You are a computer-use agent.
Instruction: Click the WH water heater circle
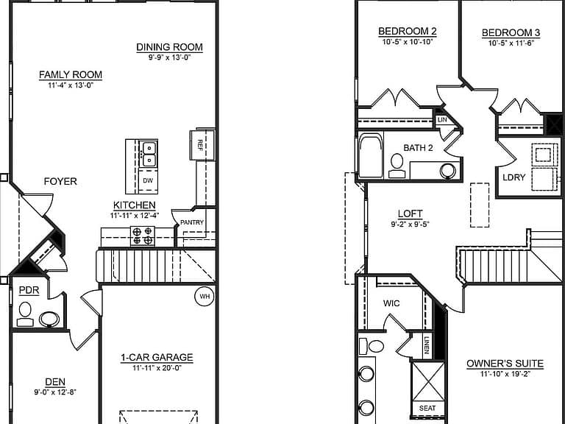pos(205,297)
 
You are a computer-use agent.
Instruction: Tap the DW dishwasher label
pos(148,180)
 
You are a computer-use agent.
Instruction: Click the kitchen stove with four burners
pos(142,236)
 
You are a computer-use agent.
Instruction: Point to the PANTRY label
pos(192,222)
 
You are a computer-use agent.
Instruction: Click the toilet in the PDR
pos(25,314)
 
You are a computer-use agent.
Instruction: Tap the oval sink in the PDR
pos(49,319)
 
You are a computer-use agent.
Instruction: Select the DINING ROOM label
pos(169,47)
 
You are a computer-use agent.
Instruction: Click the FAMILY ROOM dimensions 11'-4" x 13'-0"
pos(71,85)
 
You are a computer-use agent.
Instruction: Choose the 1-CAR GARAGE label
pos(157,357)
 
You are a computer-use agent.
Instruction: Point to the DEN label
pos(55,382)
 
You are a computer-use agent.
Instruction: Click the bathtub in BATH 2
pos(371,155)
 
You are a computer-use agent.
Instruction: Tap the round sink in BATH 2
pos(448,171)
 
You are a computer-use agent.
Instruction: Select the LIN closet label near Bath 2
pos(442,120)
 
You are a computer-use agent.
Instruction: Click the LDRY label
pos(514,177)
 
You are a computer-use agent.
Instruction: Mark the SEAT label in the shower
pos(427,408)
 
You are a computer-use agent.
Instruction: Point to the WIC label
pos(391,303)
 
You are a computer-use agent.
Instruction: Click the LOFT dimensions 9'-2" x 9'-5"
pos(410,225)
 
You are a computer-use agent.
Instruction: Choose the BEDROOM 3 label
pos(511,33)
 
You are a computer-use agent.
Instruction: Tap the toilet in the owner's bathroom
pos(372,347)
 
